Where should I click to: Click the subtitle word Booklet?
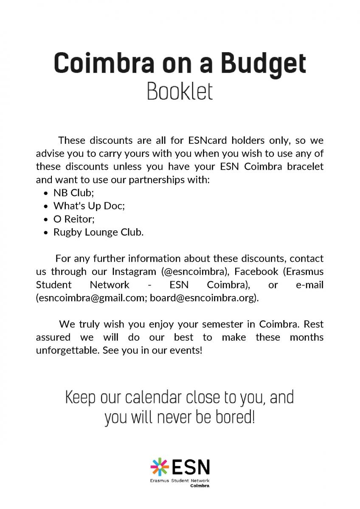pos(180,92)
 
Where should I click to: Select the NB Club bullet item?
pos(73,193)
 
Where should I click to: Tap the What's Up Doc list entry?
pos(89,206)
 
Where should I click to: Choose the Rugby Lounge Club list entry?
pos(98,232)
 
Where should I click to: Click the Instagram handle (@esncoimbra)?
pos(195,271)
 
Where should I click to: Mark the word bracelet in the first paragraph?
pos(305,167)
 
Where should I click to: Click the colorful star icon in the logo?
pos(160,467)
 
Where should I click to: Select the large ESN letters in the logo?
pos(190,467)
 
